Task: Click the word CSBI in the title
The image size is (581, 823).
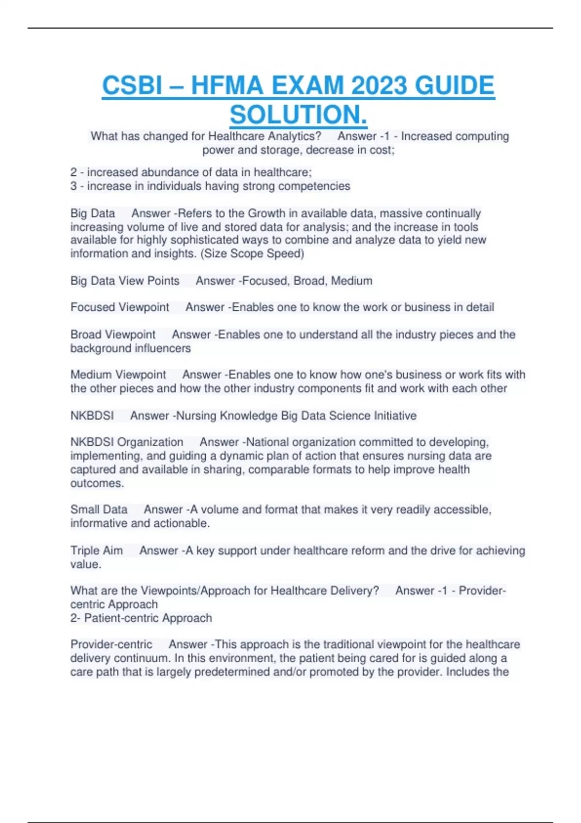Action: (x=132, y=86)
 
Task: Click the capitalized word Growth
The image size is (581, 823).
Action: (x=266, y=213)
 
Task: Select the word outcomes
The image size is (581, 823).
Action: (x=97, y=483)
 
